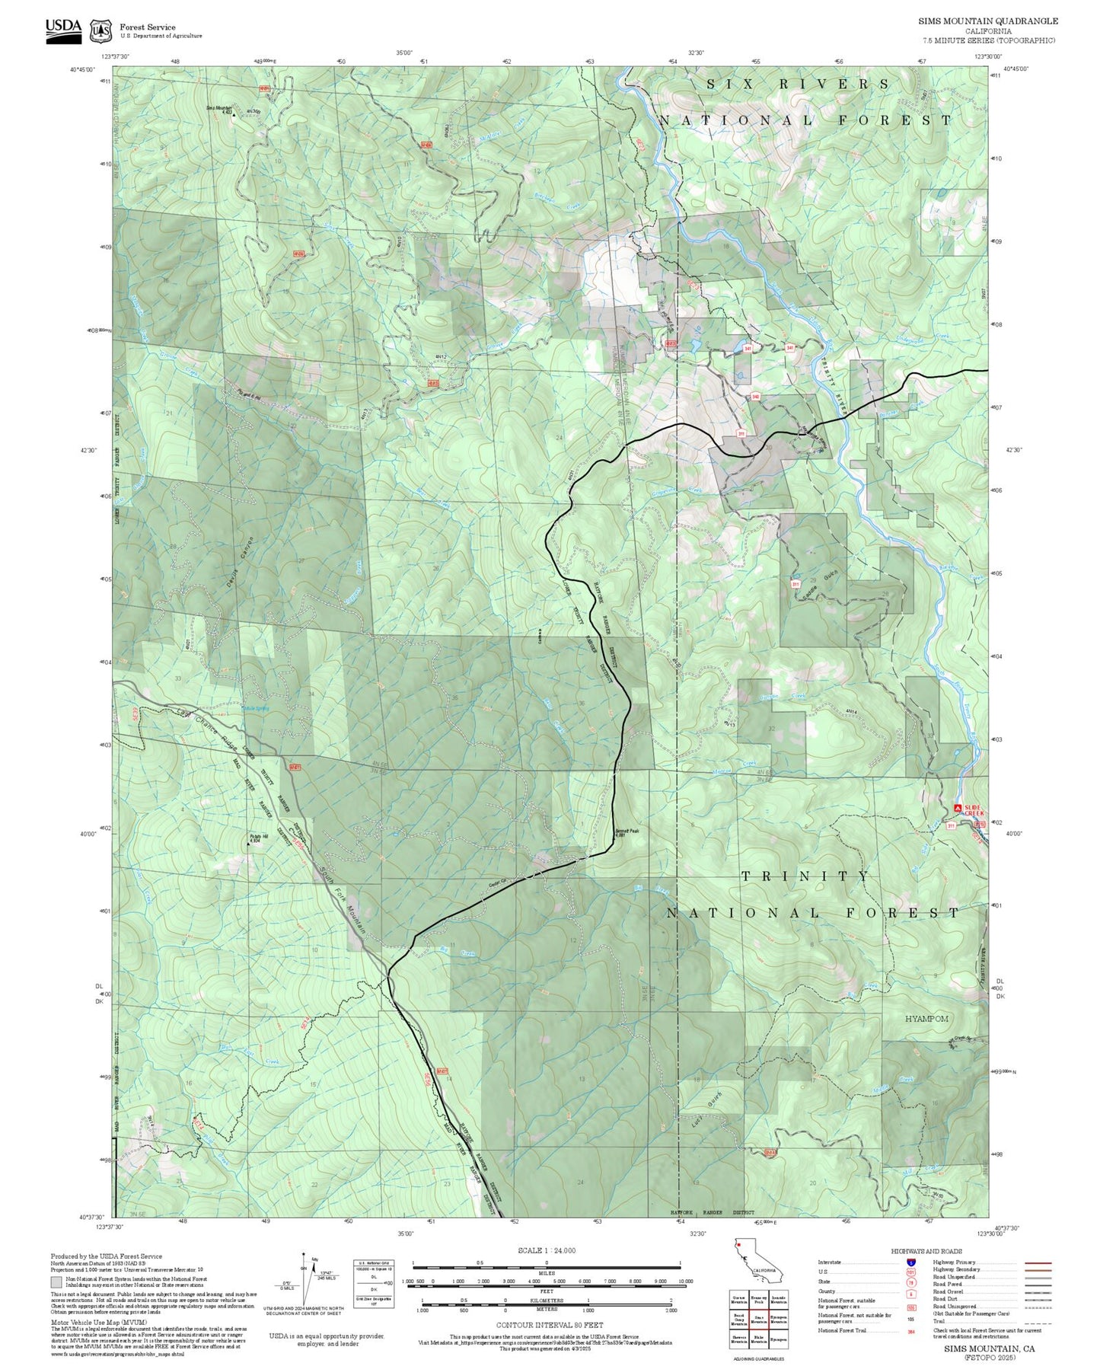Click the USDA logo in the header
click(x=63, y=30)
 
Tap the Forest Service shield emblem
click(x=100, y=30)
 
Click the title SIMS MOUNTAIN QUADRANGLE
click(x=987, y=21)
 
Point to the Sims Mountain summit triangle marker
click(x=234, y=115)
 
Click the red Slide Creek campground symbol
click(x=958, y=807)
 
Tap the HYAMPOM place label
click(x=926, y=1019)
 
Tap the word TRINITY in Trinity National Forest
click(x=805, y=876)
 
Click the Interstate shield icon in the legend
click(x=910, y=1262)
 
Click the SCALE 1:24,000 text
click(x=546, y=1250)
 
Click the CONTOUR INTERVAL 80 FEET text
click(x=549, y=1325)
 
